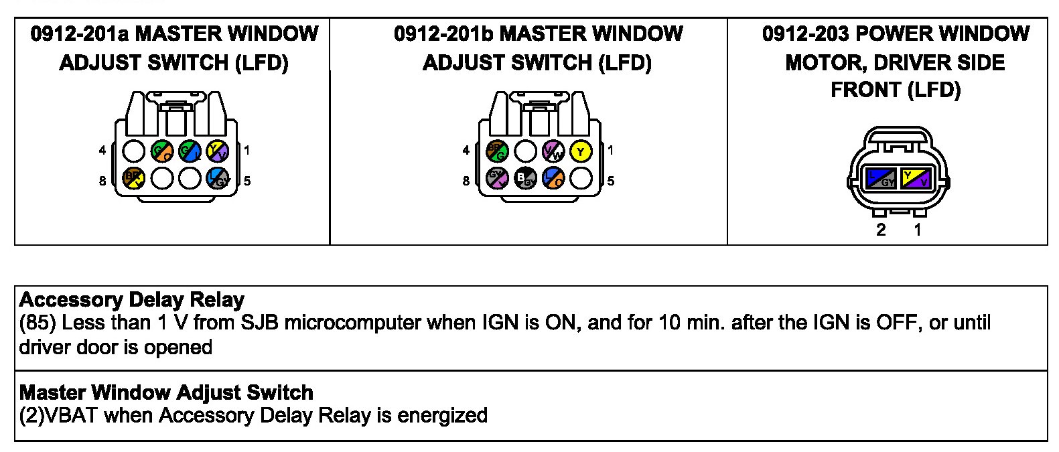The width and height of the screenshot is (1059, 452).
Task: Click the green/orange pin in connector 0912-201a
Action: click(x=163, y=151)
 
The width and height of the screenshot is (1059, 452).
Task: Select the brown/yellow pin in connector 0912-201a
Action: click(x=134, y=178)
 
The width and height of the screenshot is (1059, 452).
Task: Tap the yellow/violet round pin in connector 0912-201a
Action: click(x=218, y=151)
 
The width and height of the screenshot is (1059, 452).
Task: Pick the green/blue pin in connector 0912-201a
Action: click(x=190, y=151)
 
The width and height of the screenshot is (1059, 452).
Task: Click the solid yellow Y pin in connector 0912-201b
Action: click(x=581, y=151)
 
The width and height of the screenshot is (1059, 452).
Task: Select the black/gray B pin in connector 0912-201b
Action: click(x=526, y=178)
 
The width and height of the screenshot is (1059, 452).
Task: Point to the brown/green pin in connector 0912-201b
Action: click(x=498, y=151)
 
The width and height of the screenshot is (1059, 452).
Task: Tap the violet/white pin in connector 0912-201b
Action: click(x=553, y=151)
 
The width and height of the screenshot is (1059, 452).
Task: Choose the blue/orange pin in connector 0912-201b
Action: click(x=553, y=178)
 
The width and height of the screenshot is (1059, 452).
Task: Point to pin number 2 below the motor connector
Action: click(x=881, y=230)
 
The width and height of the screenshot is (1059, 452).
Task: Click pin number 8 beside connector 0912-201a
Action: click(x=102, y=181)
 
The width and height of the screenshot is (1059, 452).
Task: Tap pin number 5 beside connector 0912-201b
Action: click(x=610, y=181)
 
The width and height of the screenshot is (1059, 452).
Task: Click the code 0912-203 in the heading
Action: click(x=806, y=33)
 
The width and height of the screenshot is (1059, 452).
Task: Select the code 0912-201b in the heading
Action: click(x=443, y=33)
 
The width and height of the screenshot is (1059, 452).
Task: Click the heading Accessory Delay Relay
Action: click(x=132, y=299)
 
